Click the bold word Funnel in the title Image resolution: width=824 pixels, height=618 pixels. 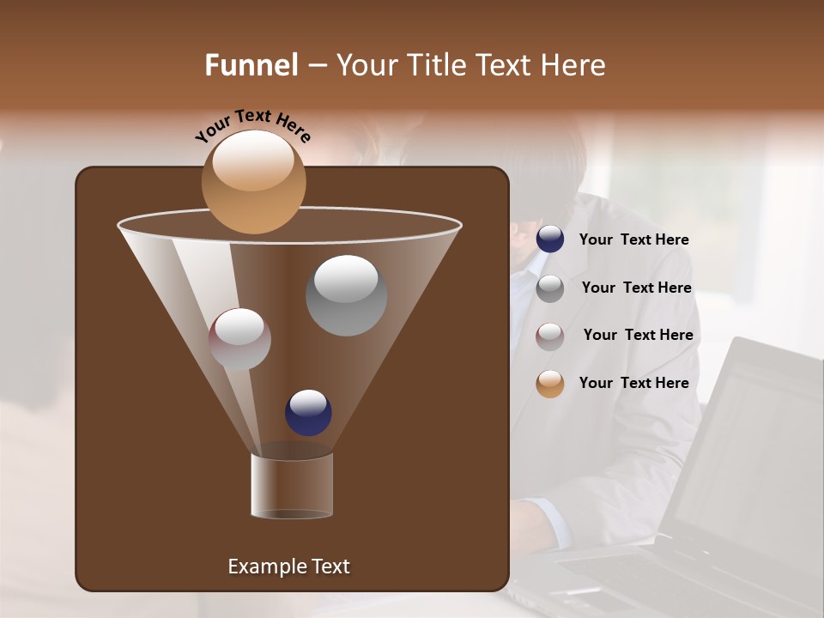tap(251, 65)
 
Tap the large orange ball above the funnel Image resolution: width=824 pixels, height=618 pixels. tap(253, 181)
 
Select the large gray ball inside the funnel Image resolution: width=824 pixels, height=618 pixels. tap(346, 295)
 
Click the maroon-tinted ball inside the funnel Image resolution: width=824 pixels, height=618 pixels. tap(239, 339)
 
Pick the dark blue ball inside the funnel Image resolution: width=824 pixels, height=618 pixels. tap(308, 412)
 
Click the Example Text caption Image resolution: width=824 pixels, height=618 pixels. tap(288, 566)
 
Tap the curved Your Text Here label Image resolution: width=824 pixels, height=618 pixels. tap(252, 124)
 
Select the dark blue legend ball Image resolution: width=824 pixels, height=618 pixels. tap(550, 239)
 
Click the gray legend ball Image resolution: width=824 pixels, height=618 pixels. tap(550, 288)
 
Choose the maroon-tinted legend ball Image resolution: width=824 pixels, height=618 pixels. tap(550, 336)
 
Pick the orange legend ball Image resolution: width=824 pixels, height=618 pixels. tap(550, 384)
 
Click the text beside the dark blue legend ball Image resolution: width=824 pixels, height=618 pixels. tap(633, 240)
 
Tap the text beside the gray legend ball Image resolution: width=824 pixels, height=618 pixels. tap(636, 288)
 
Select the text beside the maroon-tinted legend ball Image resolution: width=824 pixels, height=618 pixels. tap(638, 335)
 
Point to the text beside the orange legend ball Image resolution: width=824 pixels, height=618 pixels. tap(633, 383)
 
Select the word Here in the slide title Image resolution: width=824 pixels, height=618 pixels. tap(571, 65)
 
